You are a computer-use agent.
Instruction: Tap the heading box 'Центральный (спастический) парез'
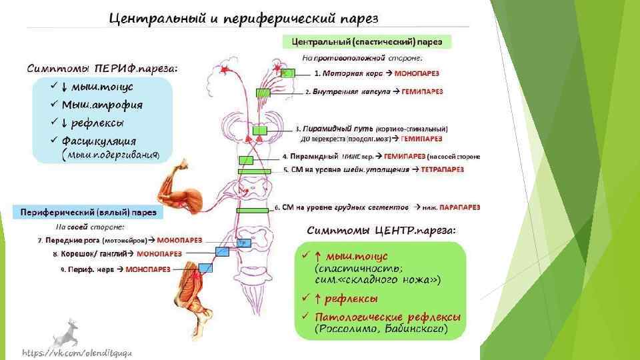(367, 42)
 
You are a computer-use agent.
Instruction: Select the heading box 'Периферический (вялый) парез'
(88, 213)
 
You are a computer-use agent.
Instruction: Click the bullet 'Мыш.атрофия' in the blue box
(101, 105)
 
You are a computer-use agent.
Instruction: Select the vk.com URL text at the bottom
(77, 351)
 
